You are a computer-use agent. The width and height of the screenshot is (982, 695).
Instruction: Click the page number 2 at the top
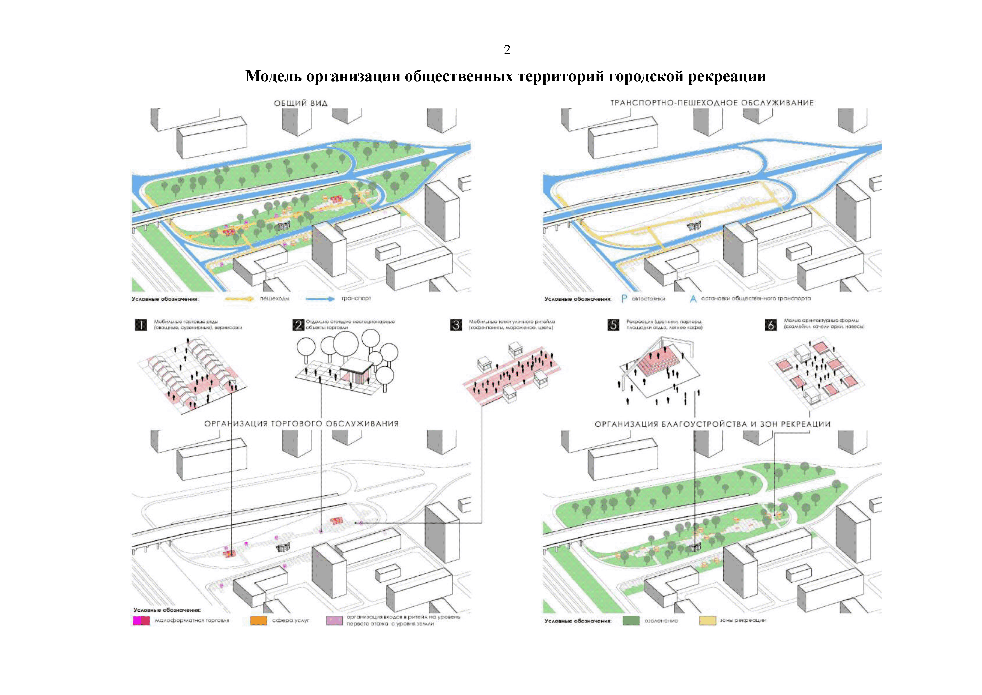(x=507, y=50)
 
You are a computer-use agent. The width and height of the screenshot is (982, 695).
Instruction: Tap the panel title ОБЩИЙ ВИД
(x=301, y=103)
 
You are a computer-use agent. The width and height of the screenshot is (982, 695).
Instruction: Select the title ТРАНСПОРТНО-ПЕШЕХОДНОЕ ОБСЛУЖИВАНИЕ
(x=712, y=103)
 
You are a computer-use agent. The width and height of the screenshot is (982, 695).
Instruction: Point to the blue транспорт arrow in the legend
(x=320, y=299)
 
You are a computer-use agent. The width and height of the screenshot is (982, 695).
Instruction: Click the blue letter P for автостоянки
(x=624, y=299)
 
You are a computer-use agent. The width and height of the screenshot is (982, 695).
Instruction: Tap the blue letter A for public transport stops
(x=693, y=299)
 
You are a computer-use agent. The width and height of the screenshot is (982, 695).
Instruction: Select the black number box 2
(x=298, y=325)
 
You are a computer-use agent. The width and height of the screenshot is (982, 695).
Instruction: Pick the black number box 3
(x=456, y=325)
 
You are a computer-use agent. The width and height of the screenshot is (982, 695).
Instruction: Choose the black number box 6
(x=771, y=325)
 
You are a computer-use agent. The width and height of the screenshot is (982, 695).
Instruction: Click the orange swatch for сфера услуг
(x=258, y=620)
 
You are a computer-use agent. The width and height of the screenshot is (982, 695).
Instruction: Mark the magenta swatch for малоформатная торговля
(x=141, y=620)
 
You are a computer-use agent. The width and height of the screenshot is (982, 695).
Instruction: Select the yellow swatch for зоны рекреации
(x=707, y=620)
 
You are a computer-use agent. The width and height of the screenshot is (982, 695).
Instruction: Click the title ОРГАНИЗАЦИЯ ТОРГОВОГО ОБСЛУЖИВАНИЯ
(x=301, y=424)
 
